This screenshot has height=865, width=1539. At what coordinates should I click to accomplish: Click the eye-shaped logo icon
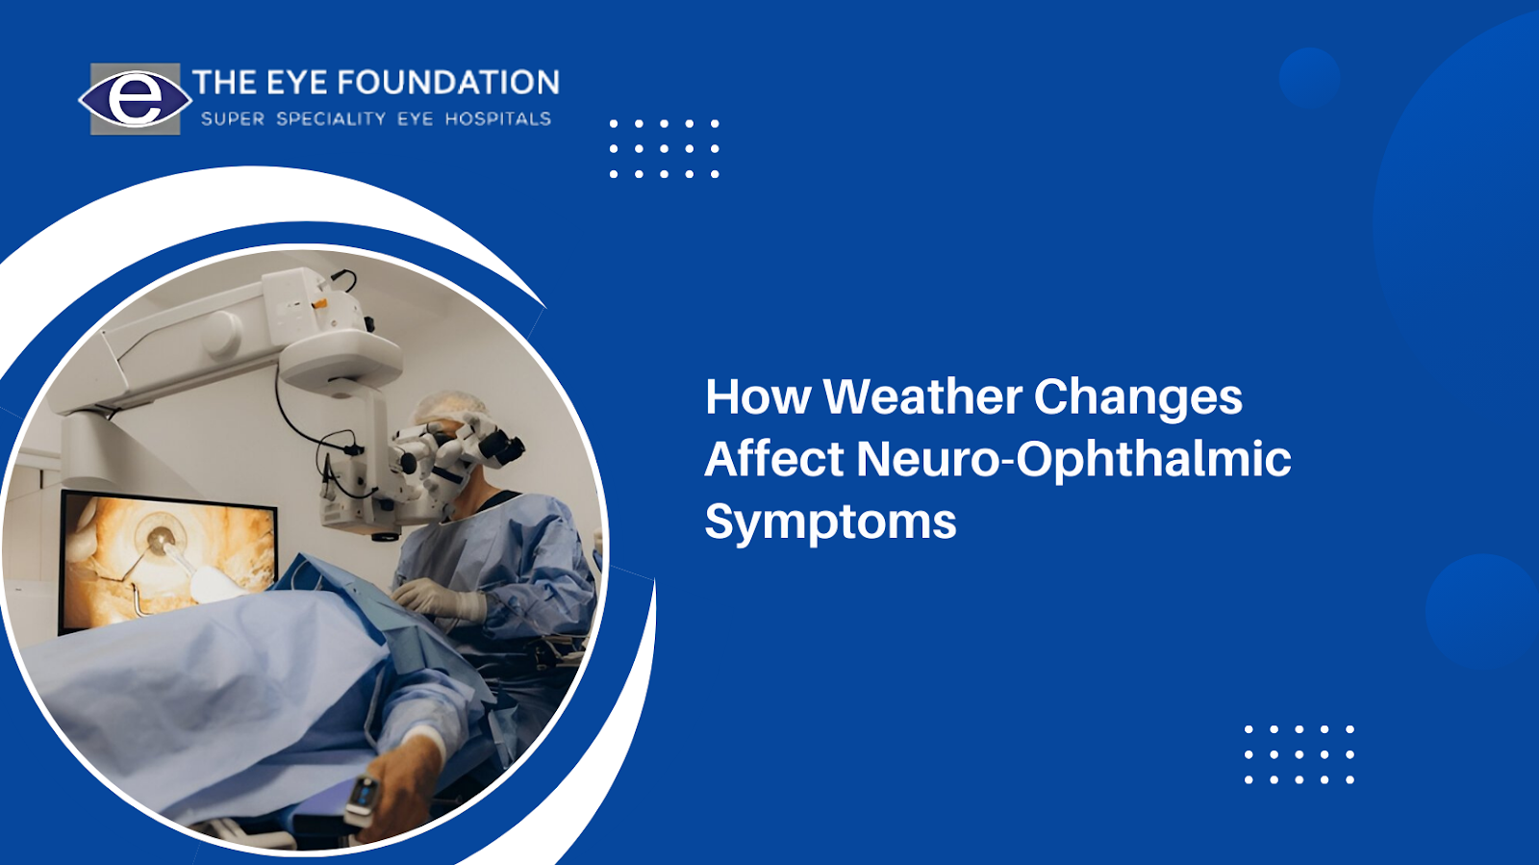pos(135,99)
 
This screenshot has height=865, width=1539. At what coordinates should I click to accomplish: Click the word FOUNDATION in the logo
pos(448,83)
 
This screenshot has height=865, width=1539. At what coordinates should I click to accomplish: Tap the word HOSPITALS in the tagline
pos(498,119)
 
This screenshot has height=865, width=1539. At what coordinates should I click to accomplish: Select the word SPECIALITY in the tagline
pos(331,119)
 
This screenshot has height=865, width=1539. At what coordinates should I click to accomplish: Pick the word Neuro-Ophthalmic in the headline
pos(1073,461)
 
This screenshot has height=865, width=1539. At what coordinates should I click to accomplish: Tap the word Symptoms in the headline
pos(831,522)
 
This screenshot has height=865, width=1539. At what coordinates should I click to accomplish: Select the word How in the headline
pos(758,396)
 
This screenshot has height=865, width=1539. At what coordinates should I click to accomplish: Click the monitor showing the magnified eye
pos(167,560)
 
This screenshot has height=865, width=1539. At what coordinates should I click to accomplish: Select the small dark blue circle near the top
pos(1309,78)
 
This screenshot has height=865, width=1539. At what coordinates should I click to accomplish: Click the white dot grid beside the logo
pos(665,149)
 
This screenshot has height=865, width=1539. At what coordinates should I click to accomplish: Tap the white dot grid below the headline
pos(1299,754)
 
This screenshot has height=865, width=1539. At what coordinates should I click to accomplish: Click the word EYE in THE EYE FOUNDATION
pos(296,83)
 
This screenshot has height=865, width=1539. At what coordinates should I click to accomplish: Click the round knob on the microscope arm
pos(221,335)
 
